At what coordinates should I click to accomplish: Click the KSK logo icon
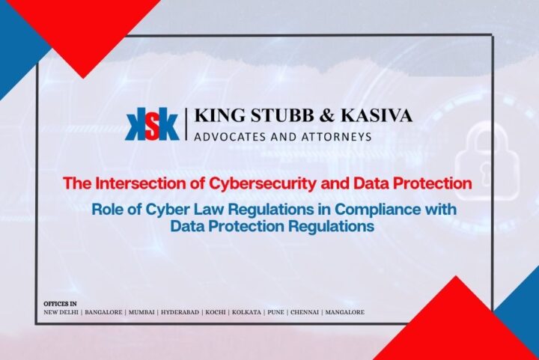point(153,125)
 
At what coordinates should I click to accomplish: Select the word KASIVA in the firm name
point(377,116)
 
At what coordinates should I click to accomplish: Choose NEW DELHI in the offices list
point(61,311)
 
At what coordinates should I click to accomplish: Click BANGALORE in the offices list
point(104,311)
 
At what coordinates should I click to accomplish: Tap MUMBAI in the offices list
point(142,311)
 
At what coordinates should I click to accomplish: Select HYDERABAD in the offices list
point(180,311)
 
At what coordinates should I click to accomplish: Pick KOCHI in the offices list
point(215,311)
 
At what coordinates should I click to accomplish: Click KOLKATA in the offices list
point(246,311)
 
